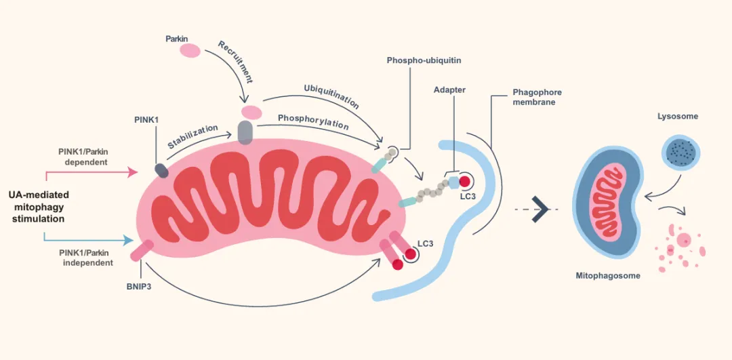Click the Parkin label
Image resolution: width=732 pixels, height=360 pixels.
(177, 39)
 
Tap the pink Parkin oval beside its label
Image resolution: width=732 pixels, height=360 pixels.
(189, 51)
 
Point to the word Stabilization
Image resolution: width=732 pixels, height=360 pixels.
(193, 136)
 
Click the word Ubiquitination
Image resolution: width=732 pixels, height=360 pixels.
(331, 98)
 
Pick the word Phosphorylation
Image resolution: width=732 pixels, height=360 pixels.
(313, 121)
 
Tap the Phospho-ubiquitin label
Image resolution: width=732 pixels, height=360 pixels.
(424, 60)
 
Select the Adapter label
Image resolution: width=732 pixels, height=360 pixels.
(449, 89)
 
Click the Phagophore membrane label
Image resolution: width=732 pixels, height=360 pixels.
(537, 97)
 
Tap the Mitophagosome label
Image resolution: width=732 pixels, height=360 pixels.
(608, 276)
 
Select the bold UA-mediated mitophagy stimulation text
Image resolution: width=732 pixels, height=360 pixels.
(39, 207)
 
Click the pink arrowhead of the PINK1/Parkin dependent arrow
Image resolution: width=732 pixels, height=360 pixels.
(132, 172)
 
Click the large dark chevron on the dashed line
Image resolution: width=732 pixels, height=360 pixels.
(540, 209)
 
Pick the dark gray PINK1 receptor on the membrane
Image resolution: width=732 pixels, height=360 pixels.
(163, 170)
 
